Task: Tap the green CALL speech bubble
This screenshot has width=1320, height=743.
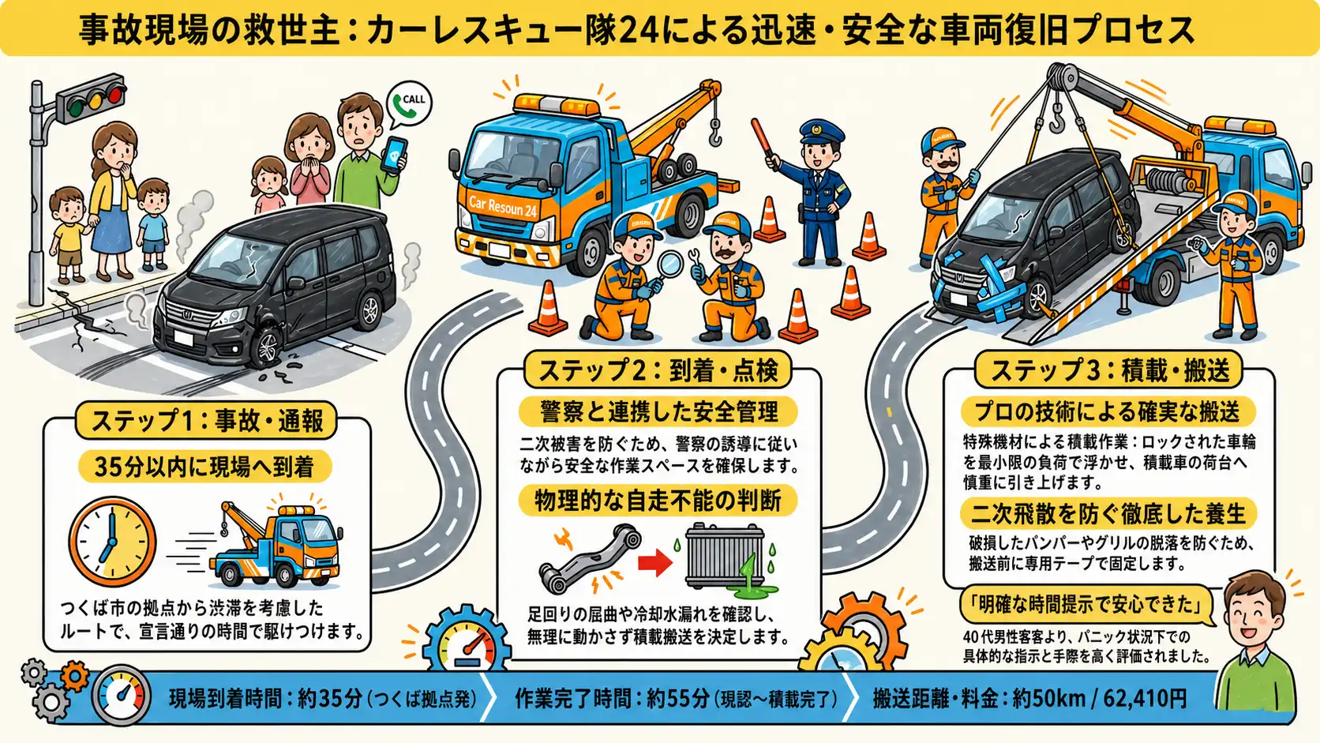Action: click(x=410, y=104)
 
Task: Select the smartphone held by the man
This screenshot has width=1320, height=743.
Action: click(x=394, y=155)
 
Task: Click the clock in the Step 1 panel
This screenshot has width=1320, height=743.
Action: click(x=112, y=542)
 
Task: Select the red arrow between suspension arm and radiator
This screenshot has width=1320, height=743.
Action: click(x=655, y=563)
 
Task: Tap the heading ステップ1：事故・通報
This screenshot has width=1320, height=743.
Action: click(x=207, y=421)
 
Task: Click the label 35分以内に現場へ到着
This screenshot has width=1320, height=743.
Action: click(x=204, y=467)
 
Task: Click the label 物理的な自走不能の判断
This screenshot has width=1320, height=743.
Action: click(x=658, y=501)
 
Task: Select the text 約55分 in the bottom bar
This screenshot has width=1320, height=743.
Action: click(x=677, y=699)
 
